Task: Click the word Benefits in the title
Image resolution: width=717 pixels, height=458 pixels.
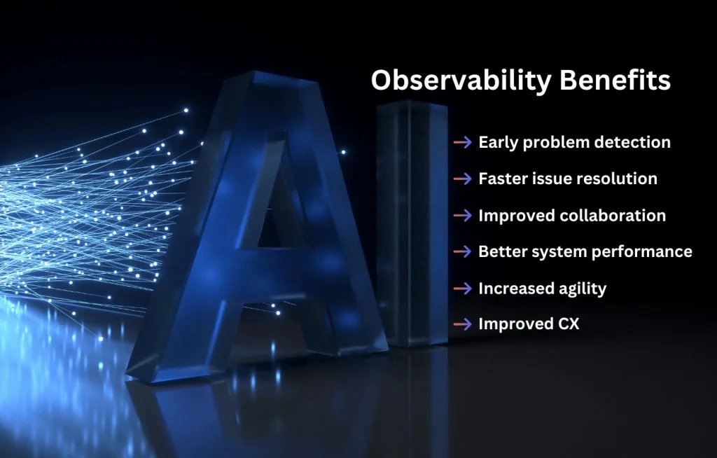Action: click(615, 80)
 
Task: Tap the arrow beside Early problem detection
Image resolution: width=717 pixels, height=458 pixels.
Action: click(462, 142)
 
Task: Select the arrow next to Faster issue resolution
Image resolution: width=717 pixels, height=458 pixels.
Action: click(462, 179)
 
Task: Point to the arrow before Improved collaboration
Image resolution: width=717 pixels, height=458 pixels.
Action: click(462, 216)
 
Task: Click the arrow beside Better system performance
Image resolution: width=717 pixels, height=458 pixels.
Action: click(462, 251)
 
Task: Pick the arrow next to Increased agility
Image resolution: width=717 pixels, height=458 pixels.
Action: click(462, 289)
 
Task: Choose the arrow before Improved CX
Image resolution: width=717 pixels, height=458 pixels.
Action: click(462, 324)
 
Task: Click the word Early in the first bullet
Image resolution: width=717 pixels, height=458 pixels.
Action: click(498, 143)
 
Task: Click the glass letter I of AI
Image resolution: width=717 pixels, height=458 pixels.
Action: click(412, 223)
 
